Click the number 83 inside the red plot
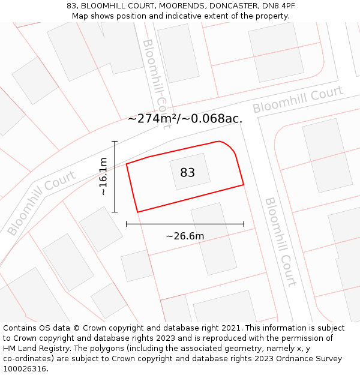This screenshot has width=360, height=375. pyautogui.click(x=188, y=173)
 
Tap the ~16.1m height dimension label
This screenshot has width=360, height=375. pyautogui.click(x=103, y=176)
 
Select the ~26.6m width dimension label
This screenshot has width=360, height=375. pyautogui.click(x=185, y=236)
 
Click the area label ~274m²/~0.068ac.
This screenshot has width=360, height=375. pyautogui.click(x=185, y=118)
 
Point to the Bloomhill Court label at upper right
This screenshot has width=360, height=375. pyautogui.click(x=297, y=100)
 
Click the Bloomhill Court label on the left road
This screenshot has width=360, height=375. pyautogui.click(x=42, y=203)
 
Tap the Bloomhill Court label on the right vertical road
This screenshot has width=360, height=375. pyautogui.click(x=280, y=242)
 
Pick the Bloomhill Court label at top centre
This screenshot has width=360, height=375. pyautogui.click(x=157, y=76)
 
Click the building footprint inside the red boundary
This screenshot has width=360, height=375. pyautogui.click(x=190, y=172)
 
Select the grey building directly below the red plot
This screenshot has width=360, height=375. pyautogui.click(x=214, y=238)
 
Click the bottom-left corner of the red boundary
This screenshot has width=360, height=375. pyautogui.click(x=138, y=212)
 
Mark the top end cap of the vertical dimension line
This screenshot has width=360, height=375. pyautogui.click(x=115, y=141)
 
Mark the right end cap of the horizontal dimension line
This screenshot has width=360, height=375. pyautogui.click(x=244, y=224)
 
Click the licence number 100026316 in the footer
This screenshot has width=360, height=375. pyautogui.click(x=25, y=369)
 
